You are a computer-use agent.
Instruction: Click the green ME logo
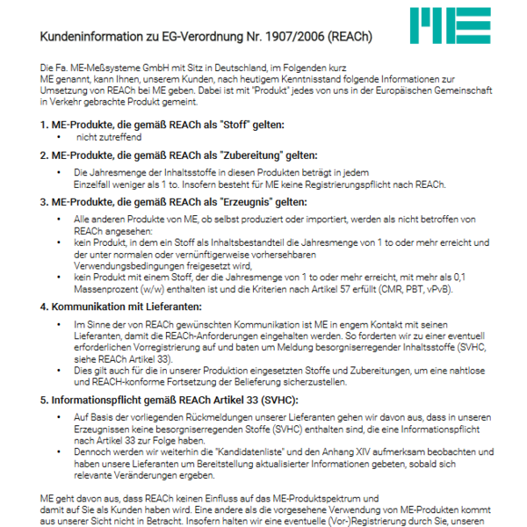[x=450, y=26]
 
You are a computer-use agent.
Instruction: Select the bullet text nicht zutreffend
[x=108, y=138]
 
